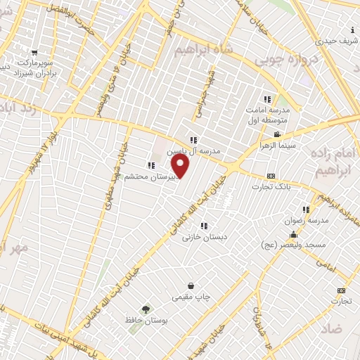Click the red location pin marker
point(181,166)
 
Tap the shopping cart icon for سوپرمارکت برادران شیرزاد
point(35,53)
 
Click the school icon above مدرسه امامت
point(266,99)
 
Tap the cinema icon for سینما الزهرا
point(278,134)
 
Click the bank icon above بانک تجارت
point(271,175)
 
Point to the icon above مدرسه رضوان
point(306,209)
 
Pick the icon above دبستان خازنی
point(204,226)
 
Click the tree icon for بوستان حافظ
point(146,309)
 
